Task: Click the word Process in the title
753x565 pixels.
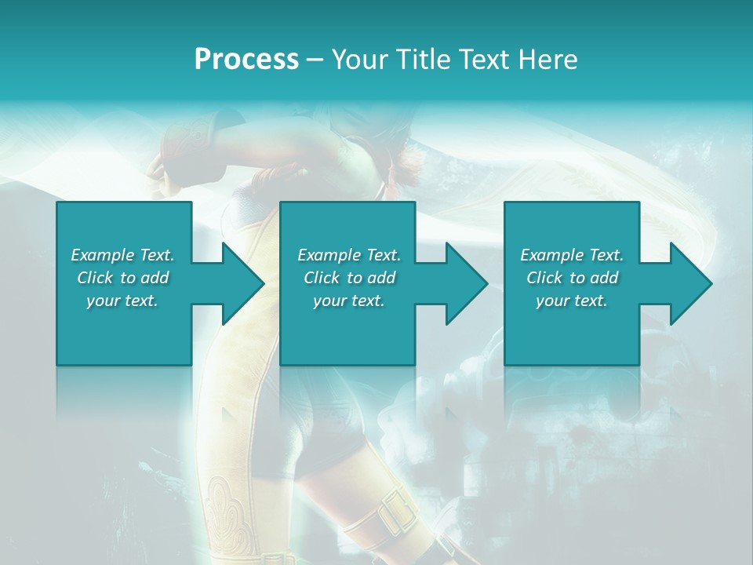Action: (x=246, y=60)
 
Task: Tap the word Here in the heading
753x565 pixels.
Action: (x=548, y=60)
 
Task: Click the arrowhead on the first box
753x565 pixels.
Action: (x=239, y=283)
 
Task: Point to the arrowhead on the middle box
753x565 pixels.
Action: (x=463, y=283)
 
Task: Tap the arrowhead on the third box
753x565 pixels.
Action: (x=687, y=283)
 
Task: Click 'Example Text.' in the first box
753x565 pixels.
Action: (x=122, y=255)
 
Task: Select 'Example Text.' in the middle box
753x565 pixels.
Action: (x=349, y=255)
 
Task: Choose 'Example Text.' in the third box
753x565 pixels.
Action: (x=572, y=255)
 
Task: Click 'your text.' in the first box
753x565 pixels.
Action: (x=122, y=301)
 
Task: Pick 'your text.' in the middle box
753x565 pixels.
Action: (x=349, y=301)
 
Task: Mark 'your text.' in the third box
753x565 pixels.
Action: (x=572, y=301)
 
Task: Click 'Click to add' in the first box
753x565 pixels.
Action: (x=122, y=278)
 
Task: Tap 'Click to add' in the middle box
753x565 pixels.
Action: (x=349, y=278)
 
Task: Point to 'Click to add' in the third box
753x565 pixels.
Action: (x=572, y=278)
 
